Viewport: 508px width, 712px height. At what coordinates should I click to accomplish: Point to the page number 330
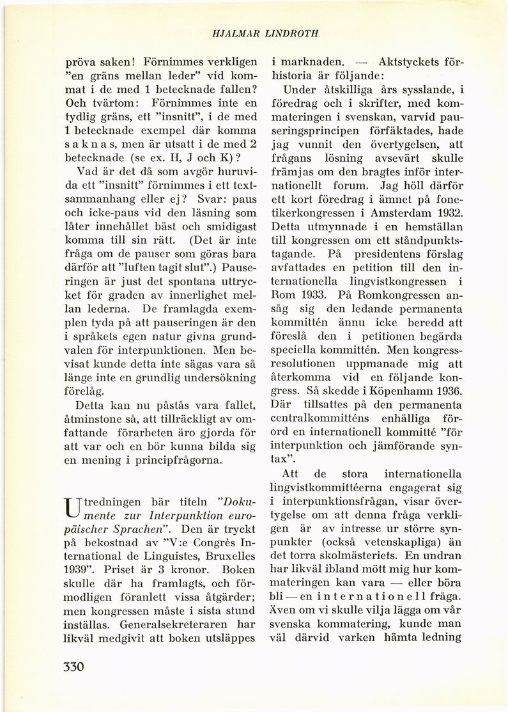tap(74, 668)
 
